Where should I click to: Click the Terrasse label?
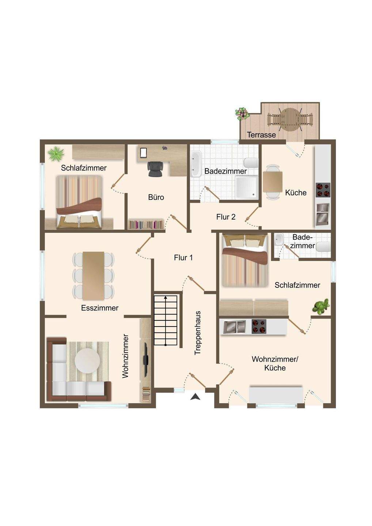point(261,135)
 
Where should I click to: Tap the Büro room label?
point(156,197)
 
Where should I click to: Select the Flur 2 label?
point(226,217)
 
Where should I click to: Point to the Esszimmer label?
point(99,308)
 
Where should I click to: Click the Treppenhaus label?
point(198,333)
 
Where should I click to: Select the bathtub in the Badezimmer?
point(196,164)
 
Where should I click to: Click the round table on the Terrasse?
point(290,119)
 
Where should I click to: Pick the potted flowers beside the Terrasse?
point(242,114)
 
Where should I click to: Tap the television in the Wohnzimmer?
point(146,359)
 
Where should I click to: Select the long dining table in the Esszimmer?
point(94,276)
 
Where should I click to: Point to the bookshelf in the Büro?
point(146,225)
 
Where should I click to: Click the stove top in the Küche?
point(323,190)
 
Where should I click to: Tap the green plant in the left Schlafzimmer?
point(56,154)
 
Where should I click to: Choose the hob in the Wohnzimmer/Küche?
point(259,327)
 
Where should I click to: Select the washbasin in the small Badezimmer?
point(279,240)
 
